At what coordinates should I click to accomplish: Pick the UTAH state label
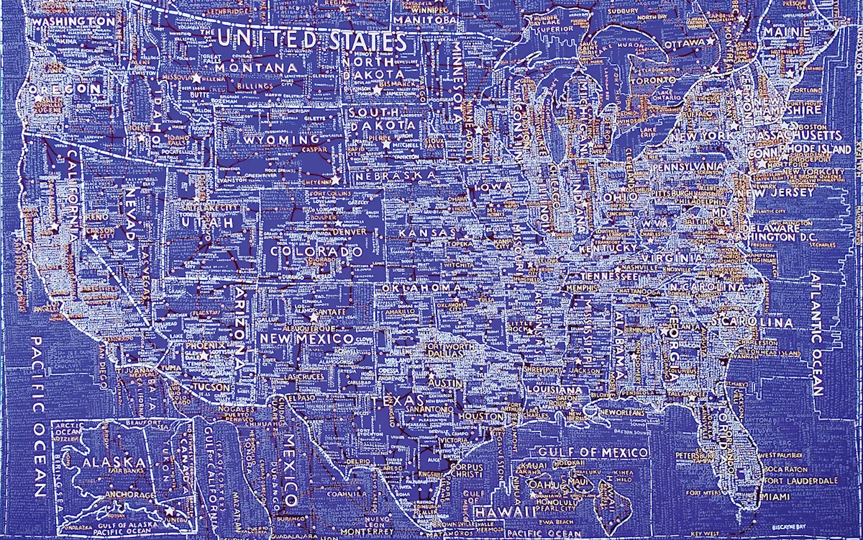tap(207, 225)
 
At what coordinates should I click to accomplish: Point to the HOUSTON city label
tap(480, 416)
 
